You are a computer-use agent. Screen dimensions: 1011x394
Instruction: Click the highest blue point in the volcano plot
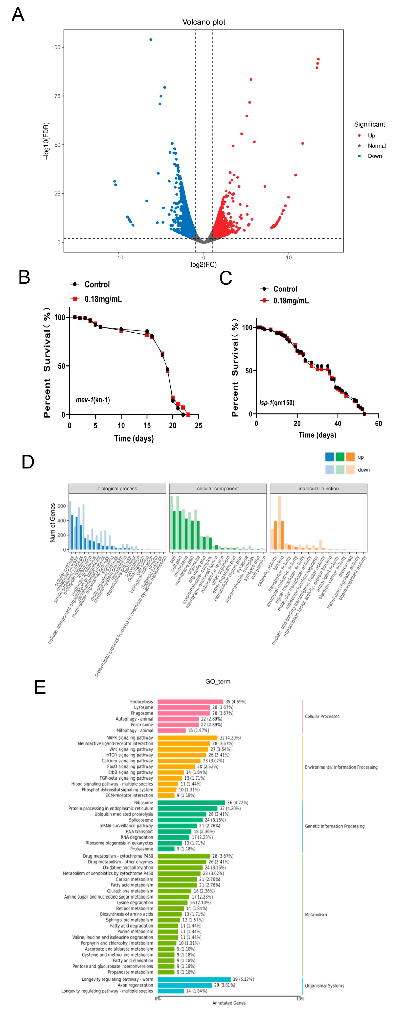point(151,40)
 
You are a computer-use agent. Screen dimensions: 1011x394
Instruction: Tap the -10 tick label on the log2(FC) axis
point(119,257)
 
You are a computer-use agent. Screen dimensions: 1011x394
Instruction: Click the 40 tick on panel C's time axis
point(338,424)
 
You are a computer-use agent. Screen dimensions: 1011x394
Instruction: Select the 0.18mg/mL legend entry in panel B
point(103,299)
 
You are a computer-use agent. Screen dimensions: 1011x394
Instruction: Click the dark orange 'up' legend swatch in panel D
point(350,457)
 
